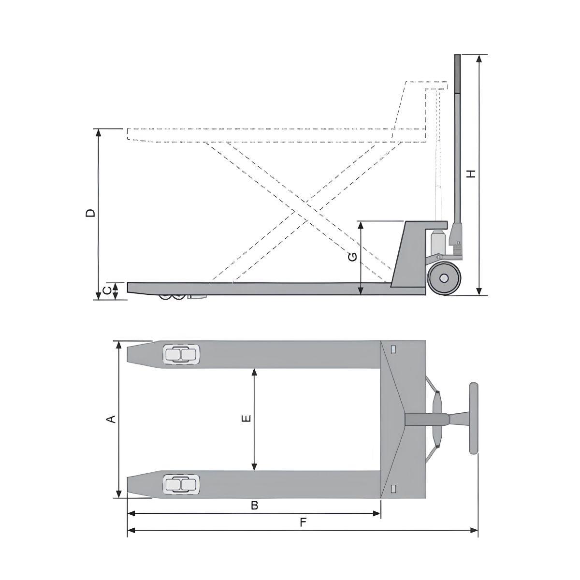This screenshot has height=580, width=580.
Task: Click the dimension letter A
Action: [x=111, y=419]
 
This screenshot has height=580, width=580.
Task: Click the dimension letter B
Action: [x=254, y=506]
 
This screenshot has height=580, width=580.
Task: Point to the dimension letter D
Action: [x=90, y=213]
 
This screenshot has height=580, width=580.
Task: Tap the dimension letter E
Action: [x=246, y=419]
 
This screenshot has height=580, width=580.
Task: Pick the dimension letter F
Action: [x=303, y=522]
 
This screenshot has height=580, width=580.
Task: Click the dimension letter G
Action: [x=353, y=257]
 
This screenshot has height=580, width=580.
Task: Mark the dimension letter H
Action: [x=471, y=174]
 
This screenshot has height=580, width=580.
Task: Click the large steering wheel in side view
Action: [x=443, y=279]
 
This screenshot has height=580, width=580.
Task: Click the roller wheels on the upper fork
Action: [x=181, y=355]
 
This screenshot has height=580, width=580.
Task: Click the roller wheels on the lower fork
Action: [x=181, y=484]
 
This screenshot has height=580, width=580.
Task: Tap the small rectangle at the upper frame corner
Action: [x=393, y=349]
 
